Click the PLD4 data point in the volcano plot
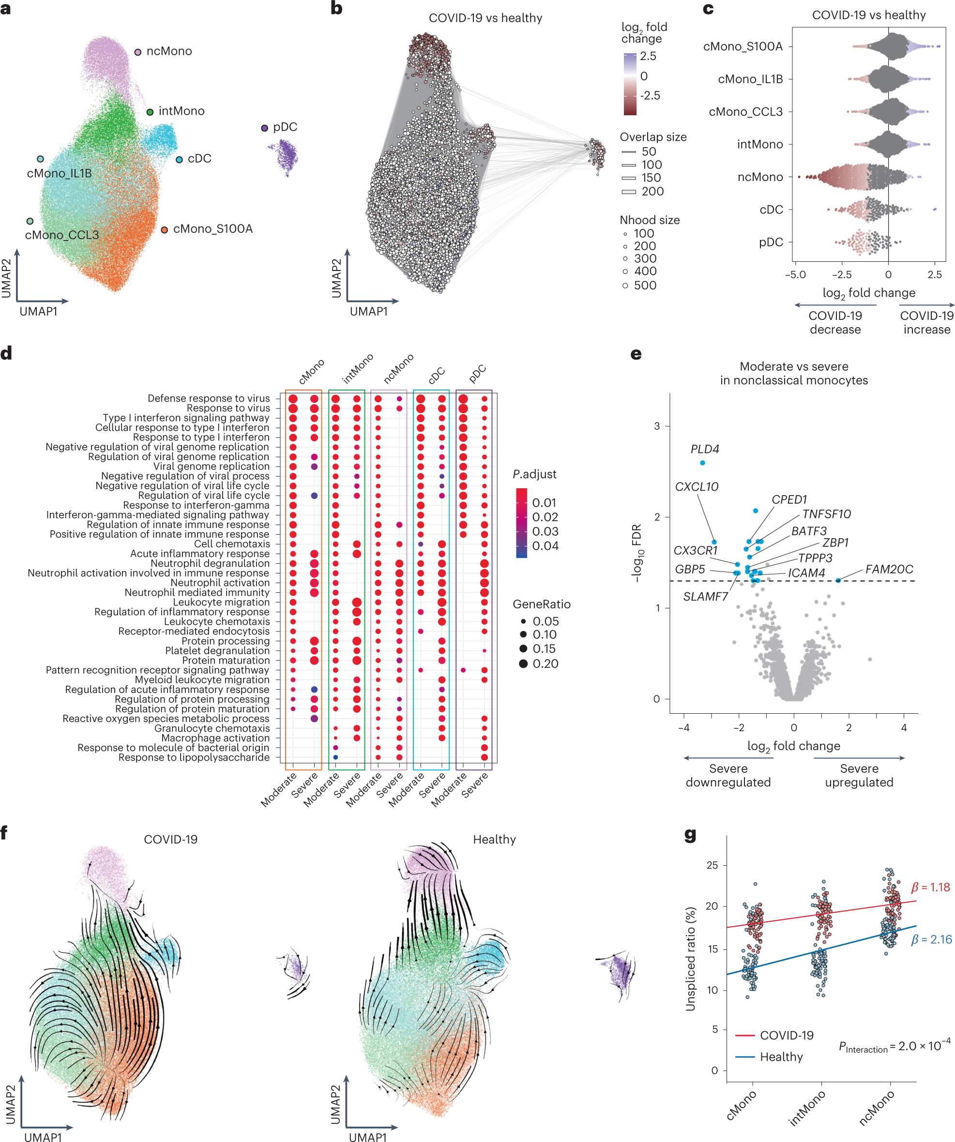(703, 463)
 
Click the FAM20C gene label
(889, 569)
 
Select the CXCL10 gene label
(696, 487)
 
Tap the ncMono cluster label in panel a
(168, 51)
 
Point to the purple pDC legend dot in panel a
(264, 128)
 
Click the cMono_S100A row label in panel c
(743, 47)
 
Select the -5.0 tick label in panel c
(795, 275)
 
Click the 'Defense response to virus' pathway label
(208, 399)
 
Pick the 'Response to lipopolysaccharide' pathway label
(194, 757)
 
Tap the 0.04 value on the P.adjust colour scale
(545, 545)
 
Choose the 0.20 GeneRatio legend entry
(546, 663)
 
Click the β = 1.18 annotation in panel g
(930, 887)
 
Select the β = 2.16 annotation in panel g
(932, 939)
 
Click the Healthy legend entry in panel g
(781, 1057)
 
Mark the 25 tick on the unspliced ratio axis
(712, 865)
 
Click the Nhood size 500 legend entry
(645, 285)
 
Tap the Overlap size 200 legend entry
(652, 192)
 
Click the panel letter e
(636, 354)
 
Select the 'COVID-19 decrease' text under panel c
(835, 322)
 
